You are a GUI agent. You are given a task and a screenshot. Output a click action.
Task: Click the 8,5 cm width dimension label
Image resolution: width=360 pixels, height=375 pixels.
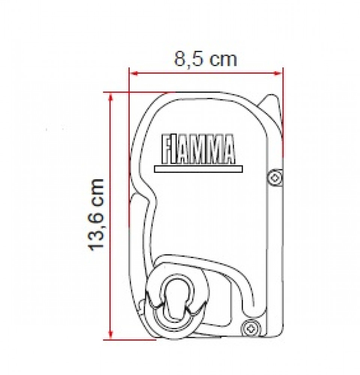pyautogui.click(x=205, y=59)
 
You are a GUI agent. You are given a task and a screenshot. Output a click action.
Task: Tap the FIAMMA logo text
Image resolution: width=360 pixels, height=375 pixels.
pyautogui.click(x=198, y=149)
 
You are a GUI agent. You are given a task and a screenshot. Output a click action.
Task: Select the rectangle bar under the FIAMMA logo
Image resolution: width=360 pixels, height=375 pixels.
pyautogui.click(x=198, y=169)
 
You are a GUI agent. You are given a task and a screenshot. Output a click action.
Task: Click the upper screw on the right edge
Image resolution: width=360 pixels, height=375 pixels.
pyautogui.click(x=275, y=177)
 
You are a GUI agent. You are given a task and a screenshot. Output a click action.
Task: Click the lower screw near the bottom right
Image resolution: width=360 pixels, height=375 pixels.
pyautogui.click(x=250, y=329)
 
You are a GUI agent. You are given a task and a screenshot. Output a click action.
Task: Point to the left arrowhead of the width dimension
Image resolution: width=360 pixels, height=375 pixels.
pyautogui.click(x=134, y=73)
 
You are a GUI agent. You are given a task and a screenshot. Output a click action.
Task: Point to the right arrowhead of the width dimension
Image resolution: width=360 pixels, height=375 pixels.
pyautogui.click(x=278, y=73)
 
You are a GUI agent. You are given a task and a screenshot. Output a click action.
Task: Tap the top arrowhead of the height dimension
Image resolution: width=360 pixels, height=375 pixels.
pyautogui.click(x=110, y=97)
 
